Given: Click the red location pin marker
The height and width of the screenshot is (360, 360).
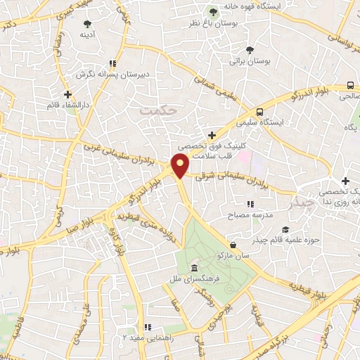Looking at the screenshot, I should [181, 166].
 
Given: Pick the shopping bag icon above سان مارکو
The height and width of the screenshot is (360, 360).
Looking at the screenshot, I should [233, 245].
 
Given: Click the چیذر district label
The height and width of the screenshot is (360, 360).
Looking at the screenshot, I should [302, 205].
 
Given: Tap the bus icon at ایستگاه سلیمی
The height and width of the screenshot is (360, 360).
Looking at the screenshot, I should [260, 111].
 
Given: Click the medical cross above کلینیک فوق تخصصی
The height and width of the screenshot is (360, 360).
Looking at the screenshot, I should [212, 134].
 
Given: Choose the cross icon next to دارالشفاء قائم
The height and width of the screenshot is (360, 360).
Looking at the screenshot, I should [67, 94].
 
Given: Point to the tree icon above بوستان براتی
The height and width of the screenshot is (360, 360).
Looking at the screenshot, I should [250, 49].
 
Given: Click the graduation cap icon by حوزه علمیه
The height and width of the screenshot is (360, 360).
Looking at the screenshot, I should [285, 230].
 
